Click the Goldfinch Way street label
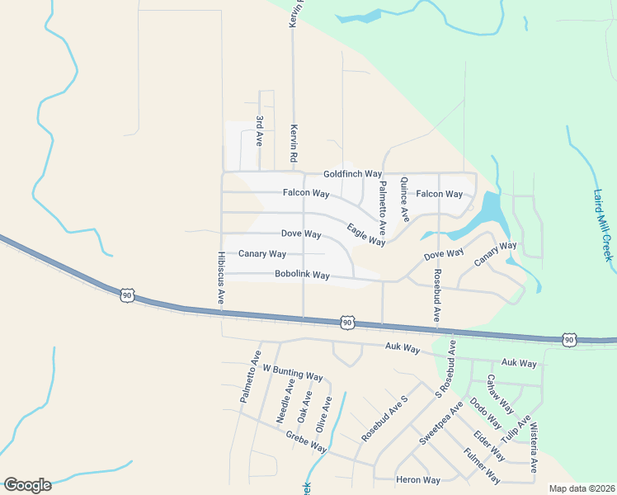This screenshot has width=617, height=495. [352, 174]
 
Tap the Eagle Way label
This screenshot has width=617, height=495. [366, 235]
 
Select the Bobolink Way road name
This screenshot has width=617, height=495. [302, 275]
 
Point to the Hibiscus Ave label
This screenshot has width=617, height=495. [221, 279]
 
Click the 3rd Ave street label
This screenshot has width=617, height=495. [259, 131]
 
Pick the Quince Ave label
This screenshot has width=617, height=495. [404, 200]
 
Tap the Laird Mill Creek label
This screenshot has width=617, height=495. [603, 225]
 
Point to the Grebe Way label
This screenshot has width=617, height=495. [306, 445]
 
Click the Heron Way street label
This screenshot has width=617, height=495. [418, 480]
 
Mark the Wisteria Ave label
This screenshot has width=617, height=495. [534, 449]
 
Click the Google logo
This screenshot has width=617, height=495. [27, 484]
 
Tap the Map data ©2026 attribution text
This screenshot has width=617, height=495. [582, 488]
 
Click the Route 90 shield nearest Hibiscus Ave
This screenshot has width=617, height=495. [126, 295]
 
